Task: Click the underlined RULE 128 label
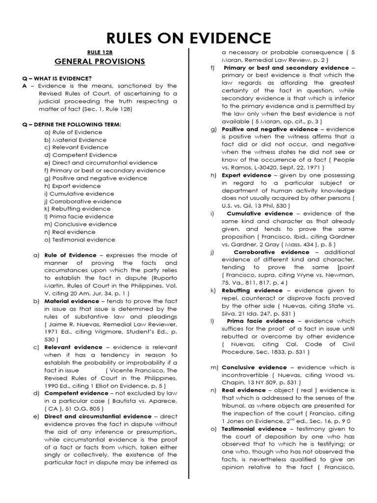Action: point(96,52)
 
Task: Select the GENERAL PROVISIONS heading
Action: point(100,61)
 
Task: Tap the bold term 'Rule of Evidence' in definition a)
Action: point(68,255)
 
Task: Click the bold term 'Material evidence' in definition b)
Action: point(72,301)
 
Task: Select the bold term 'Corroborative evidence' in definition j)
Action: point(271,252)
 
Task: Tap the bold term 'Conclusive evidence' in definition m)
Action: point(254,367)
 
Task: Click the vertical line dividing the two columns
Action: point(189,270)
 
